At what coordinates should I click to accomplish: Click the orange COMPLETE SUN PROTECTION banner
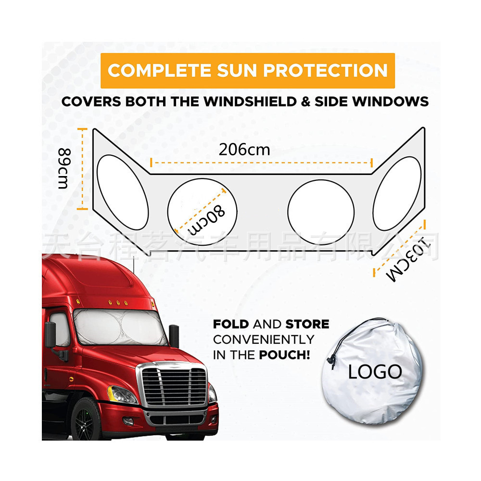tap(247, 70)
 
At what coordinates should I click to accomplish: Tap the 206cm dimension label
tap(244, 150)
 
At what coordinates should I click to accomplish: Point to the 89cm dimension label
tap(64, 169)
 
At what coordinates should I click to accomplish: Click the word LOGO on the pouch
tap(375, 371)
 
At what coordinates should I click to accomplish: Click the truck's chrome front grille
tap(175, 387)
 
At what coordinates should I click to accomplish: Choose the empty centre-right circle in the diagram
tap(321, 212)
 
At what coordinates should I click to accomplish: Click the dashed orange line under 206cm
tap(262, 163)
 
